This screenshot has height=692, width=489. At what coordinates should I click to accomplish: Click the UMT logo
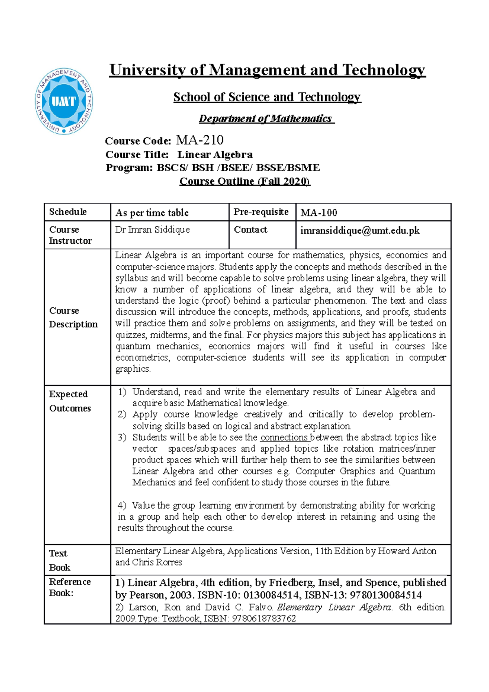click(64, 101)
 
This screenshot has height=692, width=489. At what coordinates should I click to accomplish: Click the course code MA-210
click(200, 140)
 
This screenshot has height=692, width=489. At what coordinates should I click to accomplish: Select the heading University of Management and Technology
click(267, 70)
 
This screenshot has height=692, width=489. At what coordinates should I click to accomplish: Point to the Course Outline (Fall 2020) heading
click(244, 181)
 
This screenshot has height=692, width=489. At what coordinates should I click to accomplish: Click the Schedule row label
click(68, 212)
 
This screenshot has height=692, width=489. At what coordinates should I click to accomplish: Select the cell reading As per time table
click(152, 213)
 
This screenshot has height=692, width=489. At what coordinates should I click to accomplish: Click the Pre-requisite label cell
click(261, 212)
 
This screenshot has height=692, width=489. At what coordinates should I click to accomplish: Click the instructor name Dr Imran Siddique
click(152, 230)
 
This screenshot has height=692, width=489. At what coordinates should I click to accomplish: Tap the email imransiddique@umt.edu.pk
click(360, 231)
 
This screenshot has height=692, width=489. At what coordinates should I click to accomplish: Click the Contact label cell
click(251, 230)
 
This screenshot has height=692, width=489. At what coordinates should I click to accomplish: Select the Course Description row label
click(73, 317)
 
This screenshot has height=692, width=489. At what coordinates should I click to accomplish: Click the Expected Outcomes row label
click(70, 401)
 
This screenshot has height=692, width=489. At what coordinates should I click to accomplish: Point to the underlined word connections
click(284, 437)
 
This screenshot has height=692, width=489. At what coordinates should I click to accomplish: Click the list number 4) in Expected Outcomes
click(122, 505)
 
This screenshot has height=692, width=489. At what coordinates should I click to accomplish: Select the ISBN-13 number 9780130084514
click(385, 595)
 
